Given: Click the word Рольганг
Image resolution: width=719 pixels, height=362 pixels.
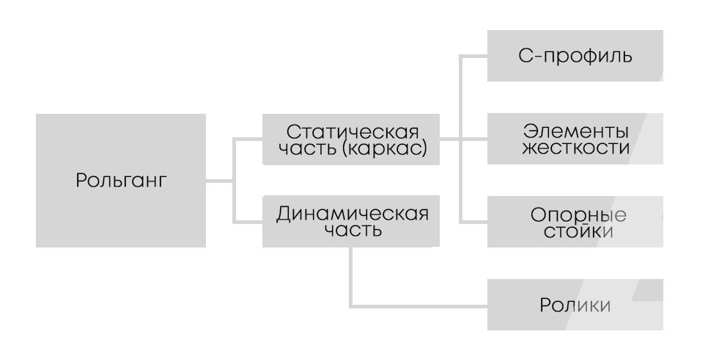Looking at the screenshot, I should point(121,181).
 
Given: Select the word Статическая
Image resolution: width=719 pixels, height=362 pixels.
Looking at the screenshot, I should point(353,133).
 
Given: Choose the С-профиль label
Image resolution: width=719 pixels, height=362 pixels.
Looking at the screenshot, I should point(575,56).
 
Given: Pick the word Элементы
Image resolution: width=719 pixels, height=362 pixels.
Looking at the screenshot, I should point(576,131).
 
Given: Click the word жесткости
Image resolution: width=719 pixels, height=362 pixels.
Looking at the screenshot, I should point(576,148).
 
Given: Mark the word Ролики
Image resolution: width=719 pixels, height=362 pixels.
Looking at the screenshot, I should point(575,305).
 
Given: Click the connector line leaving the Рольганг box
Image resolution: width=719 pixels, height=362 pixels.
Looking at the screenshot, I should point(219,181).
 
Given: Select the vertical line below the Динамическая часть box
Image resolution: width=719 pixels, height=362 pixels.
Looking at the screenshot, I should point(352,275).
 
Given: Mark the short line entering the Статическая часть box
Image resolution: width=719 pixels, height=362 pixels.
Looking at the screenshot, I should point(248,139).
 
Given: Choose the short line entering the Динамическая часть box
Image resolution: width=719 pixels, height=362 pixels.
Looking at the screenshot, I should point(248,222).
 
